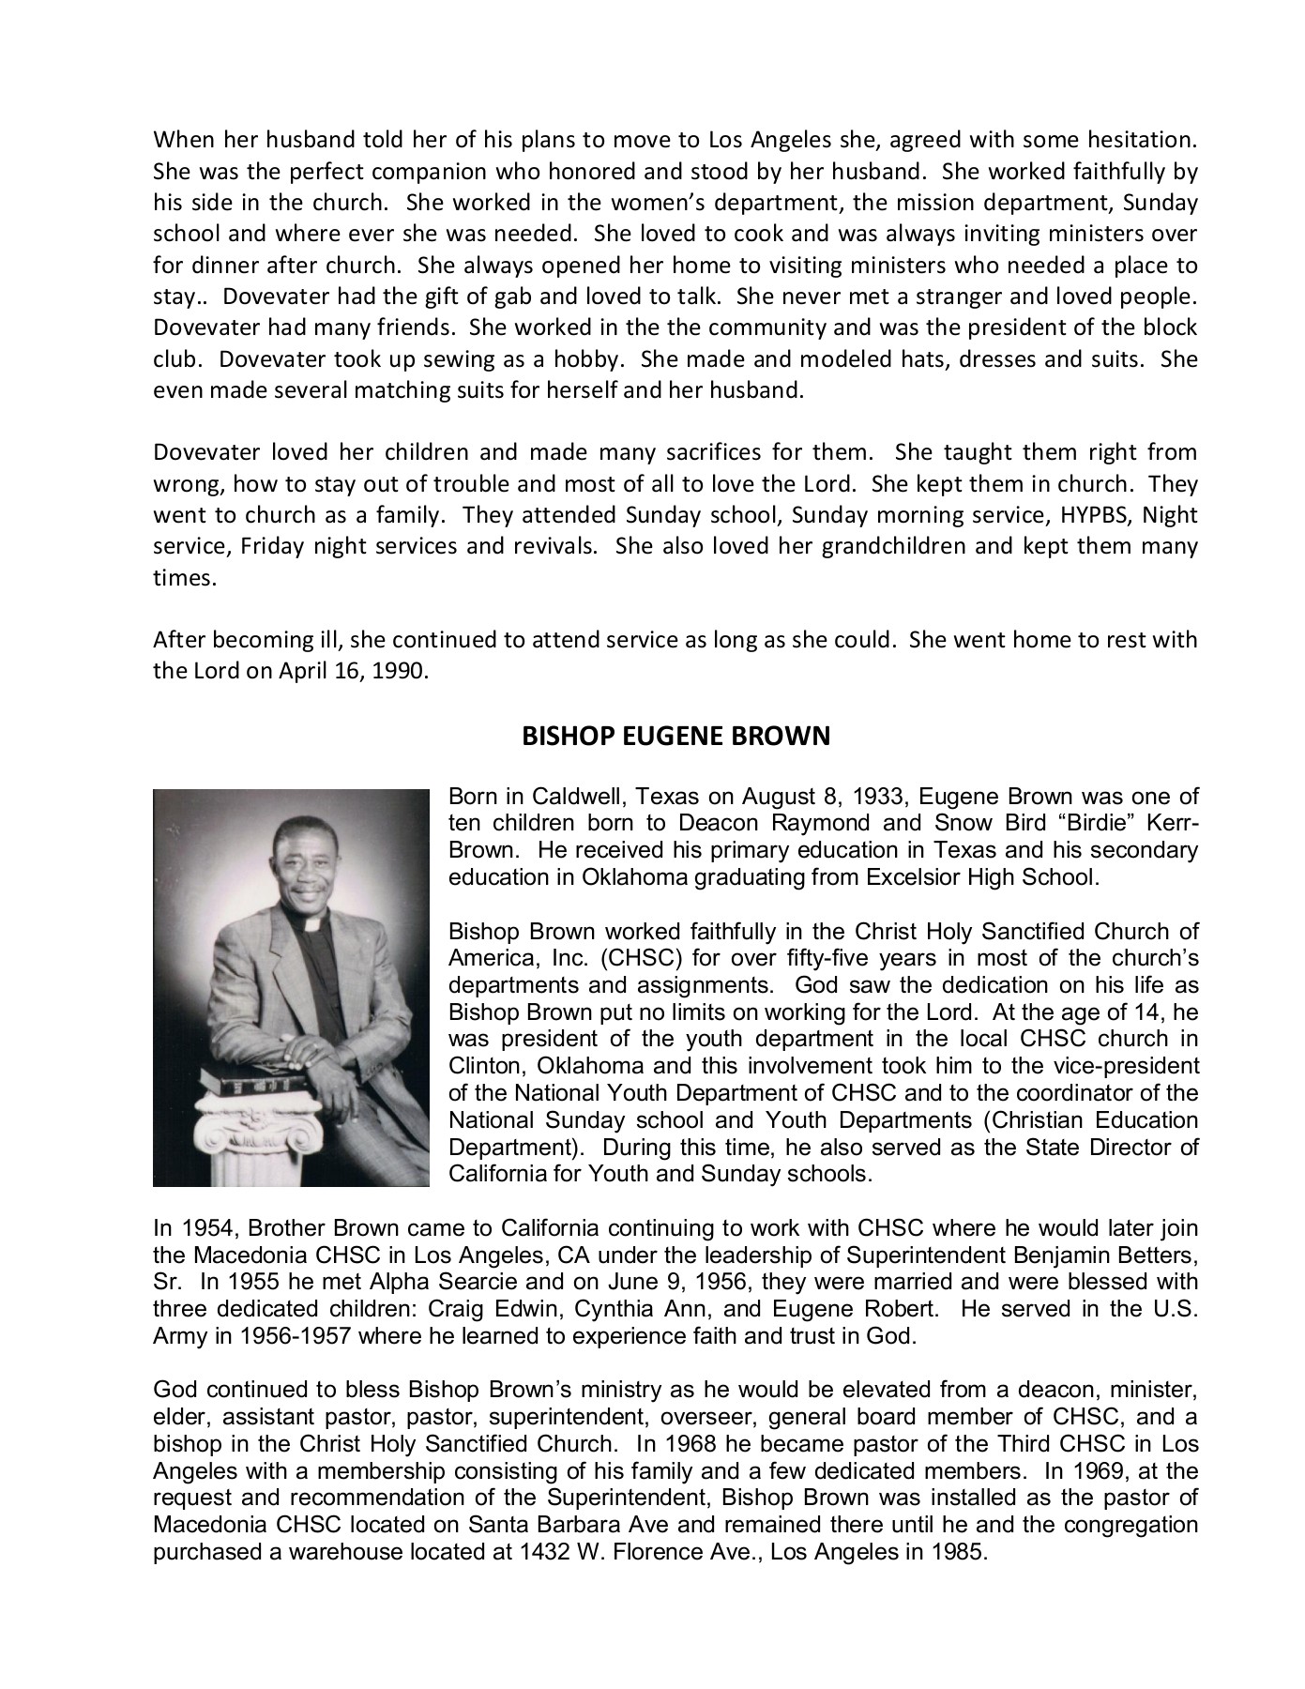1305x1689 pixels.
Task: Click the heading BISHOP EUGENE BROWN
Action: [x=675, y=736]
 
